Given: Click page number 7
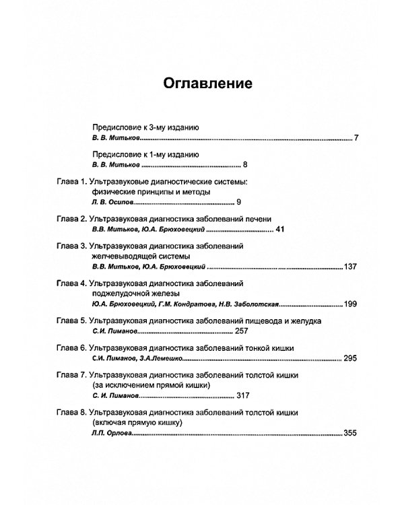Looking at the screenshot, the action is click(x=356, y=138).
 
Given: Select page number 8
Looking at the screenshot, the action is click(x=246, y=164).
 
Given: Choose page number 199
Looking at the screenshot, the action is click(x=349, y=304).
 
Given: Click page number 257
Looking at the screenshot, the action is click(x=242, y=332).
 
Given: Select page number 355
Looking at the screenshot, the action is click(x=350, y=434).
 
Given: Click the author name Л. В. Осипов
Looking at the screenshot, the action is click(x=113, y=203).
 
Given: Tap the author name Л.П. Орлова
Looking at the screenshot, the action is click(x=112, y=434).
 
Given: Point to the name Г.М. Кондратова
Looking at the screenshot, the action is click(x=189, y=304).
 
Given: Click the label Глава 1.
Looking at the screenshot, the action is click(x=69, y=182).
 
